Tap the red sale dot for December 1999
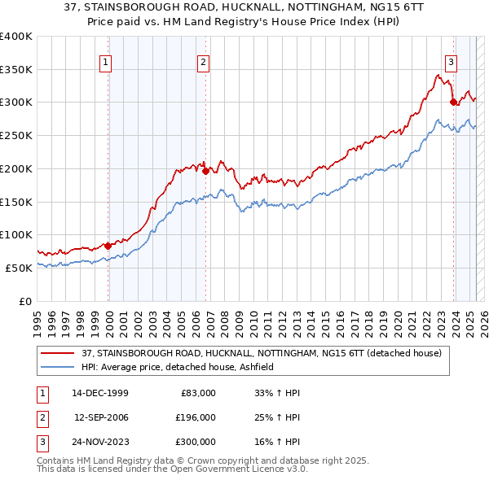tap(108, 246)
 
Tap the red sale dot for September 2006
tap(205, 171)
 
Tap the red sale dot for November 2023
tap(453, 102)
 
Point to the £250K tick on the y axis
tap(16, 135)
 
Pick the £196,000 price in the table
tap(195, 417)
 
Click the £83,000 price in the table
tap(197, 393)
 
